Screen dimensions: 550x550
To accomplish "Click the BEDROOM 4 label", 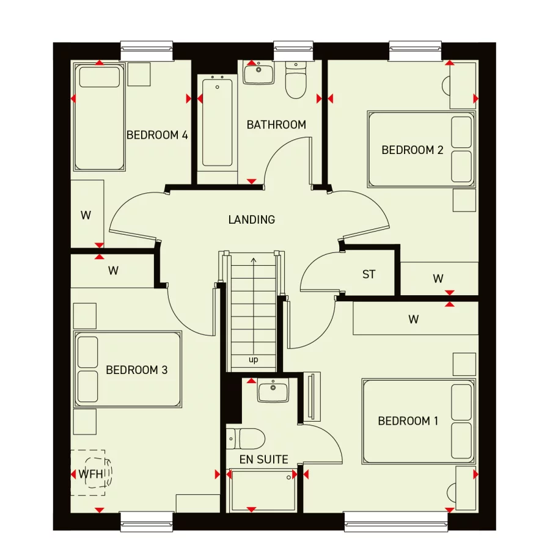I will click(157, 135).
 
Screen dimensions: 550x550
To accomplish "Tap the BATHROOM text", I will click(276, 125).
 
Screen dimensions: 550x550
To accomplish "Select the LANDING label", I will click(252, 219).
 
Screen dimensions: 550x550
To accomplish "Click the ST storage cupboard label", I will click(369, 274).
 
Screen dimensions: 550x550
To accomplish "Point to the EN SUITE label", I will click(264, 460).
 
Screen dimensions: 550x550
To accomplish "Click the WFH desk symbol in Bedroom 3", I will click(88, 473).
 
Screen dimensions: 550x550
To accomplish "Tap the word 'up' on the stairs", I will click(254, 360).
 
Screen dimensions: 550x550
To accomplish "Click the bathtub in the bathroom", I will click(218, 122).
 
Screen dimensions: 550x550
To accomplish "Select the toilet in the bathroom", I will click(296, 83).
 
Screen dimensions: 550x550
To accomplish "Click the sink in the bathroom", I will click(260, 73).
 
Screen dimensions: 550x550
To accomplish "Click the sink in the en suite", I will click(273, 390).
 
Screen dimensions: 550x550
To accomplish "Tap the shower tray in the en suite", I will click(263, 491).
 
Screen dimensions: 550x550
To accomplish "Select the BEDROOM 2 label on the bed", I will click(412, 150).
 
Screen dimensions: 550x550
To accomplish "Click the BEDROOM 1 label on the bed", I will click(408, 421).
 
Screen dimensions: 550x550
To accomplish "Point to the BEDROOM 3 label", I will click(137, 370).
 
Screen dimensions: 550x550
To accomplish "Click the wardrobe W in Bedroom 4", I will click(86, 215).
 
